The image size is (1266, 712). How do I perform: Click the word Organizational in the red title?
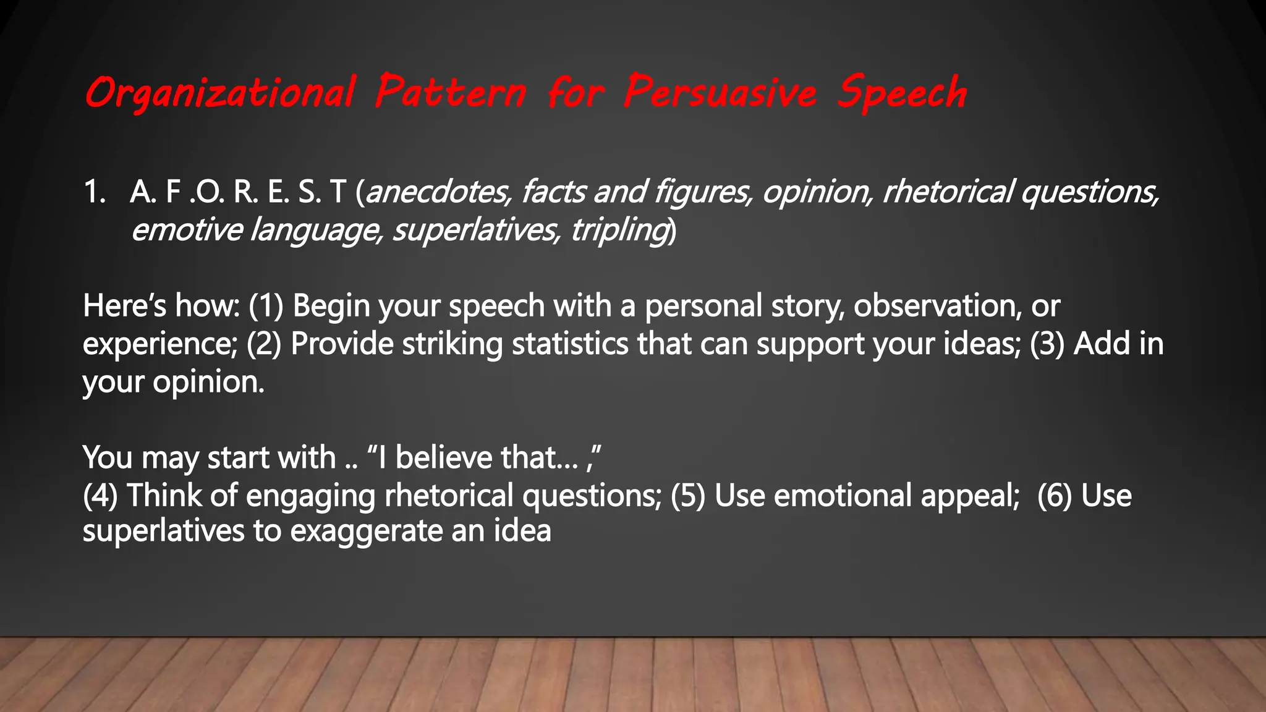click(x=220, y=93)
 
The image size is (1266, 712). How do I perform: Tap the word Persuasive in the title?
click(x=720, y=93)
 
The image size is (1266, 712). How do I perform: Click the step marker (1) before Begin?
click(x=266, y=306)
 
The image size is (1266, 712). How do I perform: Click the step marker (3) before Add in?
click(x=1047, y=344)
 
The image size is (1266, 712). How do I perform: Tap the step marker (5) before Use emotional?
click(x=688, y=496)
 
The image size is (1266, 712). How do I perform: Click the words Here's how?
click(x=161, y=306)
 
